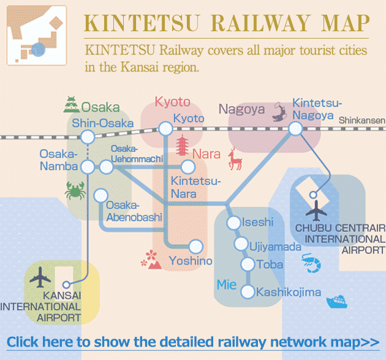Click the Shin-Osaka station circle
(87, 137)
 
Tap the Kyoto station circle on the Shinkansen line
(165, 129)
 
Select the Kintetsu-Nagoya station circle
(295, 129)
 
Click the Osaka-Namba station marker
(88, 167)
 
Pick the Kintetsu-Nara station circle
(188, 167)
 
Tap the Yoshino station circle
(195, 246)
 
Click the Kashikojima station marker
(248, 292)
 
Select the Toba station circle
(248, 264)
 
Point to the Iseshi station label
(258, 222)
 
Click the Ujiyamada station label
(276, 247)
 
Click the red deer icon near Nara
(235, 159)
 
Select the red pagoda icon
(183, 148)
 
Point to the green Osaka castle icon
(71, 106)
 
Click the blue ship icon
(338, 301)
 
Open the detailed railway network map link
(193, 342)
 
